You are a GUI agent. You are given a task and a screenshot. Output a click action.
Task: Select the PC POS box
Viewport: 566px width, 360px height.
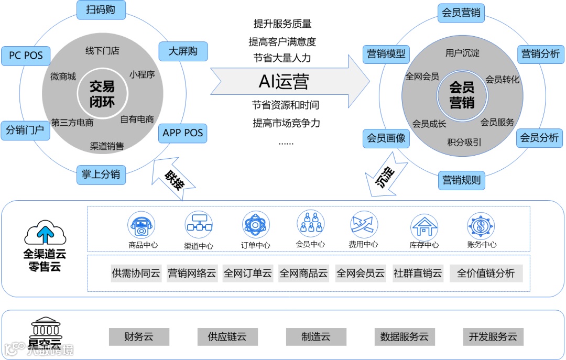(26, 56)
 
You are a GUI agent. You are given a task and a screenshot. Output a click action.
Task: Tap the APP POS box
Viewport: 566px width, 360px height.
(182, 133)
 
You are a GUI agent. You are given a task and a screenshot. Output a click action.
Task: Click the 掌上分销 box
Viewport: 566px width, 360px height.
(101, 174)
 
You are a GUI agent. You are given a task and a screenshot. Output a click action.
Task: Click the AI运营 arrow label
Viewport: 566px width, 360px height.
(285, 81)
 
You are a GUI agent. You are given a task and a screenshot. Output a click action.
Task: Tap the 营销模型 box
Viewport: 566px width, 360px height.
(386, 53)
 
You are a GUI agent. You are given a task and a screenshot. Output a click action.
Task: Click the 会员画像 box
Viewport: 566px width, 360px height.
(386, 138)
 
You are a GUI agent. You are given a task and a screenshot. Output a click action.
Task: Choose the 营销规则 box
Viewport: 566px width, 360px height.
(462, 180)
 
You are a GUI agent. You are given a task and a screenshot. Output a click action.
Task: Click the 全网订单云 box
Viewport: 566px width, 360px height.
(248, 273)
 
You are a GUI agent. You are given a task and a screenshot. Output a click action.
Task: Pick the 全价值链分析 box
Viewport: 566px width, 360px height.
(486, 273)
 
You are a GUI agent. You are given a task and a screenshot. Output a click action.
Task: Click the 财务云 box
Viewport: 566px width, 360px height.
(139, 336)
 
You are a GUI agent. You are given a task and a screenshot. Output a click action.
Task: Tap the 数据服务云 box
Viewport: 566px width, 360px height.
(404, 336)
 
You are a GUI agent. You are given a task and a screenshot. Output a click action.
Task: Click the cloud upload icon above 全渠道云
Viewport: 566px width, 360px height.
(45, 232)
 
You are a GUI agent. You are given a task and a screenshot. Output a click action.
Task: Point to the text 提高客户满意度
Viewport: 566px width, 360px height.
(282, 41)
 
